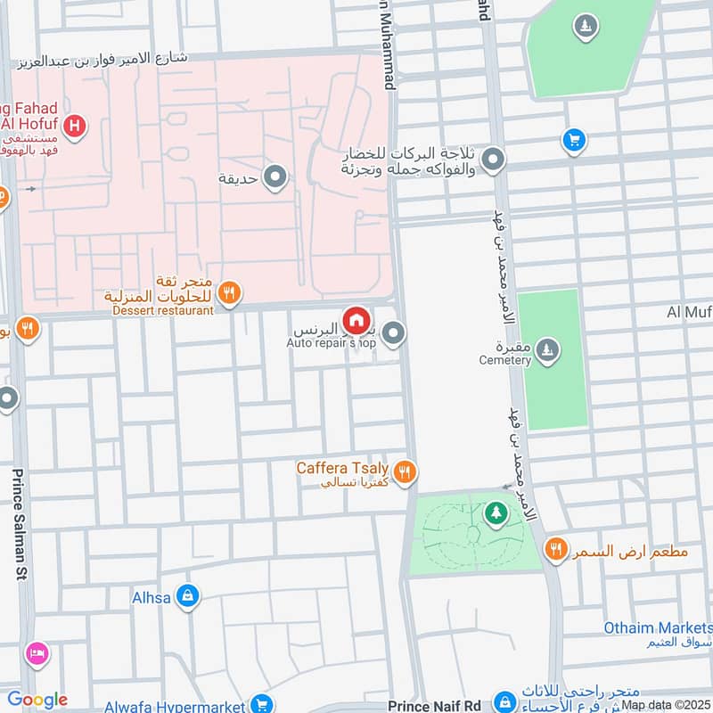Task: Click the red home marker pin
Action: coord(356,320)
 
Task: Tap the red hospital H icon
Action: coord(77,127)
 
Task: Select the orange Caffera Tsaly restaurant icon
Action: coord(405,471)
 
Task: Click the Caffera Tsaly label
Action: coord(342,468)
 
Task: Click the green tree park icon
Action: coord(495,513)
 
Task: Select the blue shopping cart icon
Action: coord(574,140)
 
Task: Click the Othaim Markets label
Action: coord(658,627)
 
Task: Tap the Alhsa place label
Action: coord(151,596)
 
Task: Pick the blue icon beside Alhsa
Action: coord(187,595)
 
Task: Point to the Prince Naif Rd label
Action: coord(434,705)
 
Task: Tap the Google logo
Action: coord(37,700)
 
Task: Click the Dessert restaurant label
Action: coord(163,310)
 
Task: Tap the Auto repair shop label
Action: coord(332,342)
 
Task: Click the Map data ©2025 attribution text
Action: coord(664,705)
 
